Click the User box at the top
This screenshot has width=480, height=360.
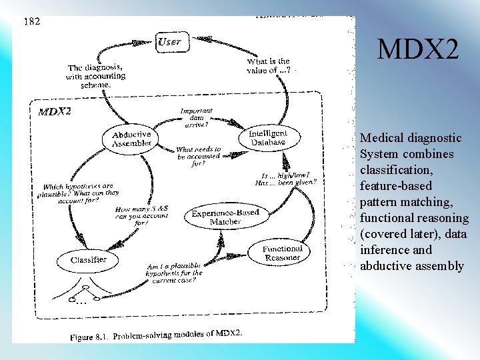point(169,42)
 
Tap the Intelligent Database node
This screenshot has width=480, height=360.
point(267,137)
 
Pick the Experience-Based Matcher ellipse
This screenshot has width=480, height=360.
point(225,217)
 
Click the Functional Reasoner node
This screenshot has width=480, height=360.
point(283,253)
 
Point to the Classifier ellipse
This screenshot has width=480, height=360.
point(89,259)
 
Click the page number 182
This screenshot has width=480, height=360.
point(32,21)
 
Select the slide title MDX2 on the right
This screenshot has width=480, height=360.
point(418,49)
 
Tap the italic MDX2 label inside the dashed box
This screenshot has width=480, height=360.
point(55,111)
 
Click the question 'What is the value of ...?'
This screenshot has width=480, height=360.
point(269,66)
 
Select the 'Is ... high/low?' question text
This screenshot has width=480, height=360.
point(285,179)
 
